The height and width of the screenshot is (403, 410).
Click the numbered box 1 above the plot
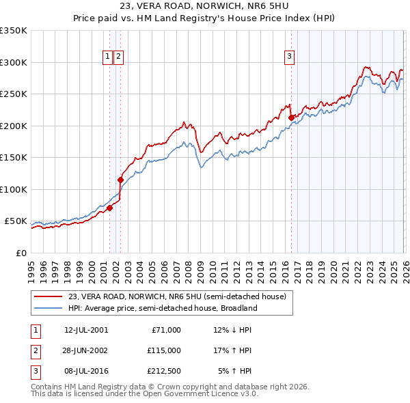point(108,57)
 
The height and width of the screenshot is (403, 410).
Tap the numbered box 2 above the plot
point(118,57)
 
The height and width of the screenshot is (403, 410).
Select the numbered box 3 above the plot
point(289,57)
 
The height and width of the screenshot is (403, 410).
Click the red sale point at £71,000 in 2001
point(109,208)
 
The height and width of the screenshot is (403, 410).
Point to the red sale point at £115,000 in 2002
point(121,180)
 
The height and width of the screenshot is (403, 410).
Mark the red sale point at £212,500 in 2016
point(291,117)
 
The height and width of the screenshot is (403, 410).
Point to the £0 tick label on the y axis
point(22,253)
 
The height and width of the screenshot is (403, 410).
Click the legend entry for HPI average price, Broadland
point(162,308)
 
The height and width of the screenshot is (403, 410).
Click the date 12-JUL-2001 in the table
point(86,330)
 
